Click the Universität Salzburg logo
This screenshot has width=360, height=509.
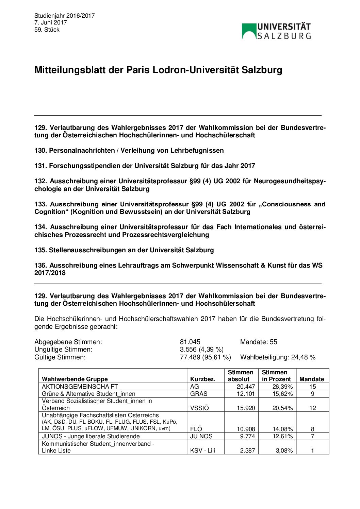[x=276, y=31]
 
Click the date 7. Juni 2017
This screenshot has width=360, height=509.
[x=50, y=22]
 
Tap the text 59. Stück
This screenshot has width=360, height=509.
[x=47, y=30]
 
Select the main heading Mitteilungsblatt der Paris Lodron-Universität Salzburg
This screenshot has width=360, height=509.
[x=158, y=70]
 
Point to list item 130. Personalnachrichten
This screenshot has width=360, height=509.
[x=129, y=150]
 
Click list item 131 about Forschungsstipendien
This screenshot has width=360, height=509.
[x=145, y=166]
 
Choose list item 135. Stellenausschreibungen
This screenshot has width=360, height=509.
[x=124, y=250]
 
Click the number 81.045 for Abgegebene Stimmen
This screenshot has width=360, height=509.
[x=190, y=342]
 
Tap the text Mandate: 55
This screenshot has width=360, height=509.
[x=258, y=342]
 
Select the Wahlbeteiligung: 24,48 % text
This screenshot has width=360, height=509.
[x=278, y=357]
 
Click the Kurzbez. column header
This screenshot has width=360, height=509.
[x=202, y=379]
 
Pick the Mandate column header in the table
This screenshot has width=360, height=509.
[x=312, y=379]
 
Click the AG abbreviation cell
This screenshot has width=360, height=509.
[x=195, y=387]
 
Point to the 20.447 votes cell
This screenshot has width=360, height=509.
[x=246, y=387]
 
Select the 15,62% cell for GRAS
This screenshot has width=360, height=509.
[x=282, y=394]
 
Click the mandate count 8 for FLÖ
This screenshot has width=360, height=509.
[x=312, y=429]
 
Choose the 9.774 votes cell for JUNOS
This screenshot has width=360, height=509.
[x=247, y=436]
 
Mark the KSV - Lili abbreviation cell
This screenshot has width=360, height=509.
[x=202, y=451]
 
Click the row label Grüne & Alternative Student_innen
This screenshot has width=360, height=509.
[x=88, y=394]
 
